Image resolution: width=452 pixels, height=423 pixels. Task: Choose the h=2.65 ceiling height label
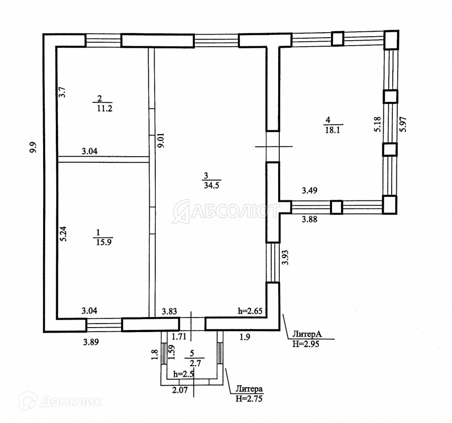250,311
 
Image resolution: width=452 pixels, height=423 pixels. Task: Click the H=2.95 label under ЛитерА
306,344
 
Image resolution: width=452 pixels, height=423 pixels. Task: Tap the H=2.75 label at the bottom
249,399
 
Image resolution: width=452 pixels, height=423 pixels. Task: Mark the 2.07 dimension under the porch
179,389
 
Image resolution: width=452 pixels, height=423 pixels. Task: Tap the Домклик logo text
70,401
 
